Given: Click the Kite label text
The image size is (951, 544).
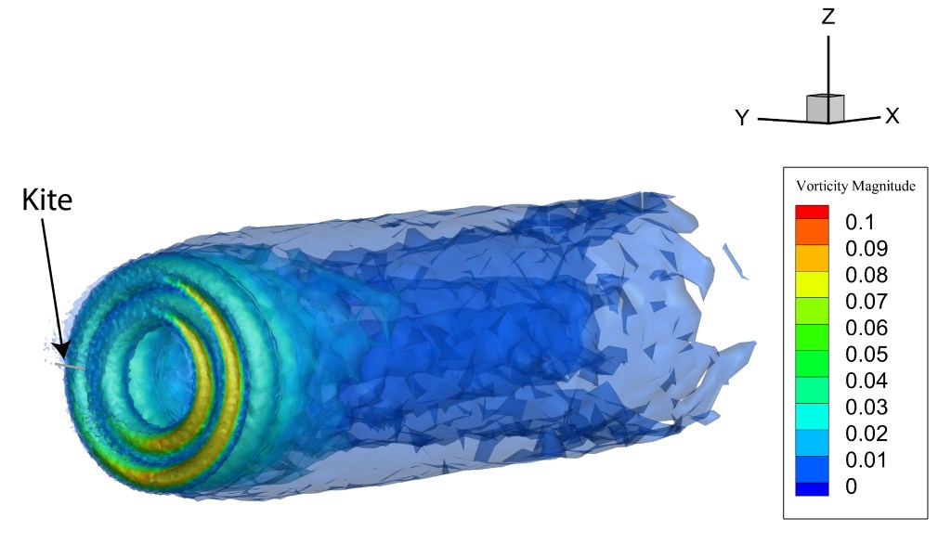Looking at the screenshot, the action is click(x=46, y=200).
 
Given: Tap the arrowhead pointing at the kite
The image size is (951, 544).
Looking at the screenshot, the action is click(x=61, y=349).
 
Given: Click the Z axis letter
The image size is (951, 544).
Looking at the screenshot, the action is click(x=828, y=17).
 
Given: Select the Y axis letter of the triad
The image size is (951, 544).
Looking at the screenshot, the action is click(x=742, y=118).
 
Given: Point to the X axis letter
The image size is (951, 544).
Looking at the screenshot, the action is click(x=892, y=116).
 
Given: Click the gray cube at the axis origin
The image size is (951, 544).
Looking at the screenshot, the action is click(x=825, y=109).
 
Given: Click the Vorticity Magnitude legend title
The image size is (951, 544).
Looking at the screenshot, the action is click(x=855, y=187).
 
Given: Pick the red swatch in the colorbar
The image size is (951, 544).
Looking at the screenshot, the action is click(x=812, y=212).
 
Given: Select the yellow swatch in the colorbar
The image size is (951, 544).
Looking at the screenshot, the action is click(x=812, y=284).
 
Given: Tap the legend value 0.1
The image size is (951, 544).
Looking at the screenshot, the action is click(x=860, y=223).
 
